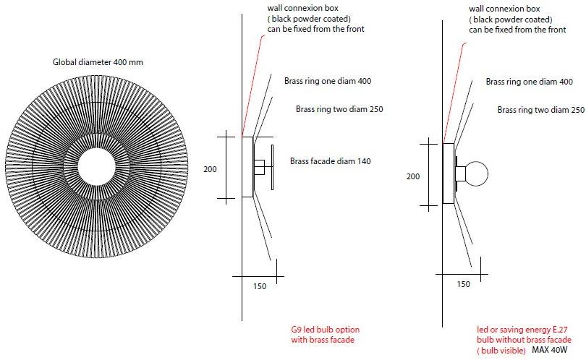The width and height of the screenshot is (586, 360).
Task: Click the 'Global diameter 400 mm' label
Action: [x=98, y=62]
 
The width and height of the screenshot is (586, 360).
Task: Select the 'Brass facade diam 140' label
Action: [x=330, y=161]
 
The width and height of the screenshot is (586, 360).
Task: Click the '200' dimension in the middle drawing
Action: [x=211, y=168]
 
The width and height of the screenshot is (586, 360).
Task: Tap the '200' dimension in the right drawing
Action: [x=412, y=176]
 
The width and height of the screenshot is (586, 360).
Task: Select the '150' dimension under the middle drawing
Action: [x=260, y=286]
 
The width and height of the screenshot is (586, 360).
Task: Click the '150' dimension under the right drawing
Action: [x=463, y=284]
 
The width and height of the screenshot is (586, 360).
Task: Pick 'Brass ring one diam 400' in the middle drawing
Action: [x=328, y=82]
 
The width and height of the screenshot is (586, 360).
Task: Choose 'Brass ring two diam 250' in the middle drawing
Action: [x=339, y=110]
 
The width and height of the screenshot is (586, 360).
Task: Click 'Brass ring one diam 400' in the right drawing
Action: [x=529, y=82]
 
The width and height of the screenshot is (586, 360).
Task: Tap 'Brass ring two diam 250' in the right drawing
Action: [x=540, y=110]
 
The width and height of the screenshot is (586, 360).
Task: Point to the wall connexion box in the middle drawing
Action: [x=247, y=167]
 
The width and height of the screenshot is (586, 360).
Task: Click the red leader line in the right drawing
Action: [x=454, y=87]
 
